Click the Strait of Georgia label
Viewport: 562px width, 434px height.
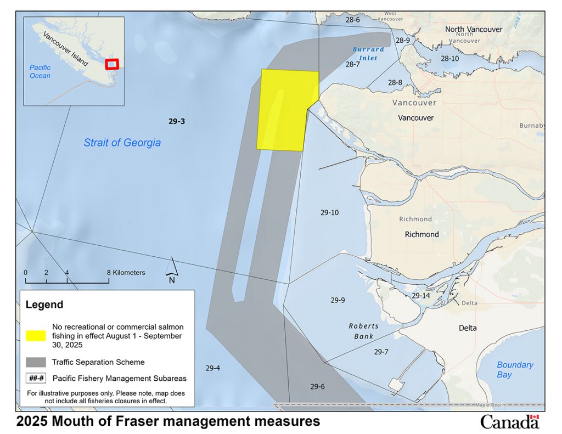point(122,143)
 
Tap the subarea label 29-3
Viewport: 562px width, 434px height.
point(177,122)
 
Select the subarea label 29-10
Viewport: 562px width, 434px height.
point(329,212)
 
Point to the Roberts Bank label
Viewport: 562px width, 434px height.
point(363,331)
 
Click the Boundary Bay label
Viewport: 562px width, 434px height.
point(515,369)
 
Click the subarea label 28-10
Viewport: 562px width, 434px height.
point(450,58)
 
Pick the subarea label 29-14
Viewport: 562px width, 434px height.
point(421,296)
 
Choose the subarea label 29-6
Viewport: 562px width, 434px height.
point(317,386)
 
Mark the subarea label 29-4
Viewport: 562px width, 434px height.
point(212,368)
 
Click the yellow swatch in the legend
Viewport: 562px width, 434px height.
point(36,335)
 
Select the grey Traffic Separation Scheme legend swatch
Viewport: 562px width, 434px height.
point(36,362)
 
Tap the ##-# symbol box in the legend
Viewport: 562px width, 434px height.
point(36,378)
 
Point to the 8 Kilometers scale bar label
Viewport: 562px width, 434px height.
point(127,272)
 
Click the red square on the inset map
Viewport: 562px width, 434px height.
point(112,64)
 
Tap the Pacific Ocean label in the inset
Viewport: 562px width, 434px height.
point(40,71)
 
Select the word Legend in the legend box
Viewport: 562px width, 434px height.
point(44,305)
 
